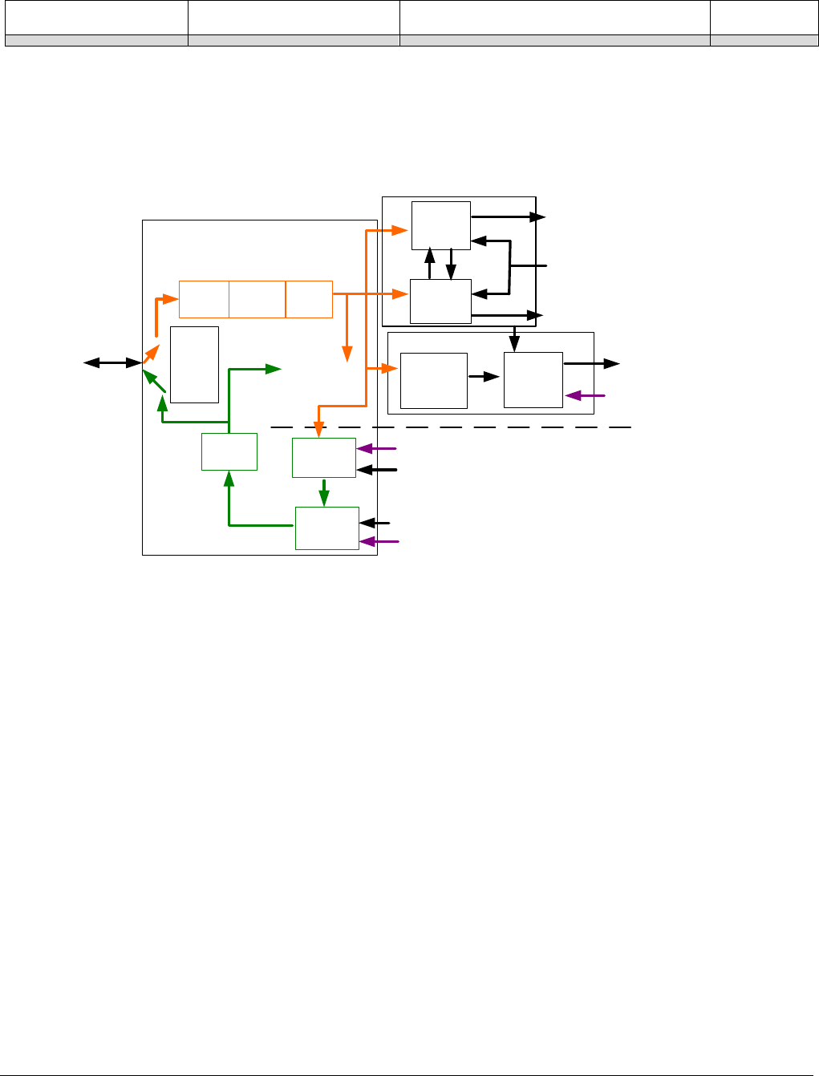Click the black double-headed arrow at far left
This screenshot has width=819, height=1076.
coord(112,363)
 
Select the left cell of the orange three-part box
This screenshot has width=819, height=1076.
coord(204,299)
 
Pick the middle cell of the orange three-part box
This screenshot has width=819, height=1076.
coord(257,299)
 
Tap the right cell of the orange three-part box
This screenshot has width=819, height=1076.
coord(309,299)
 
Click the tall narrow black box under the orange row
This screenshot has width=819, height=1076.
coord(194,364)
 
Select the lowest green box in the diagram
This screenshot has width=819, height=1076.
coord(326,528)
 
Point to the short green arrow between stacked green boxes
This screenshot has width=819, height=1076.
coord(324,491)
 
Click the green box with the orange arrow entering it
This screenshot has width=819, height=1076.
coord(323,458)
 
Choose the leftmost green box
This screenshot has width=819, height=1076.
coord(229,451)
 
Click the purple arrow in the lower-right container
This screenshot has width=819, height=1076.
coord(585,395)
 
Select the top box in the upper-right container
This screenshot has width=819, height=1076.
coord(440,225)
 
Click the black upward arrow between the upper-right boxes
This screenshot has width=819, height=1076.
coord(430,264)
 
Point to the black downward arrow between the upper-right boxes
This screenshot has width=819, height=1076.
coord(451,264)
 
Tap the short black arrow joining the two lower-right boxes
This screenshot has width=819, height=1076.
coord(484,376)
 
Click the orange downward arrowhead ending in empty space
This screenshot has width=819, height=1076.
coord(347,353)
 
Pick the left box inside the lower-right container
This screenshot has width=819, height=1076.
coord(433,380)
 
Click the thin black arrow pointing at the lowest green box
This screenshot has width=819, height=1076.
coord(375,523)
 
